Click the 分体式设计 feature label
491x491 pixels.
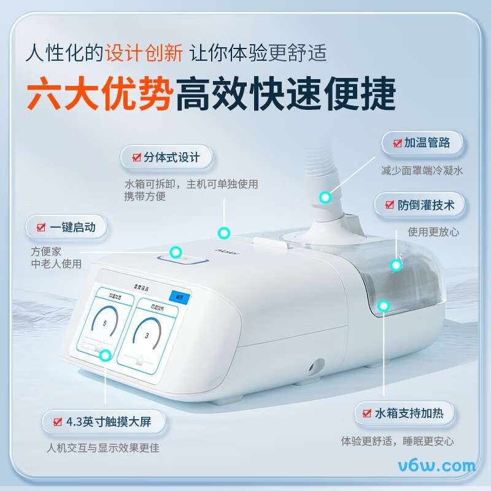coord(166,157)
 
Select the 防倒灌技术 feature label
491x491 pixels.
coord(420,205)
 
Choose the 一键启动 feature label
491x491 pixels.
coord(66,227)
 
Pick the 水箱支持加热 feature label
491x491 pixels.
coord(405,414)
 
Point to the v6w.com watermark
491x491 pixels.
coord(437,465)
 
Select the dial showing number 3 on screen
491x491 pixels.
coord(147,334)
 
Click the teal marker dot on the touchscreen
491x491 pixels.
coord(106,355)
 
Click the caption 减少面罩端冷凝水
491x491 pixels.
coord(422,171)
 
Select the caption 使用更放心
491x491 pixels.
coord(433,232)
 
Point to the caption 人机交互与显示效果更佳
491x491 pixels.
coord(102,448)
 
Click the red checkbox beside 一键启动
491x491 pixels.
coord(41,227)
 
